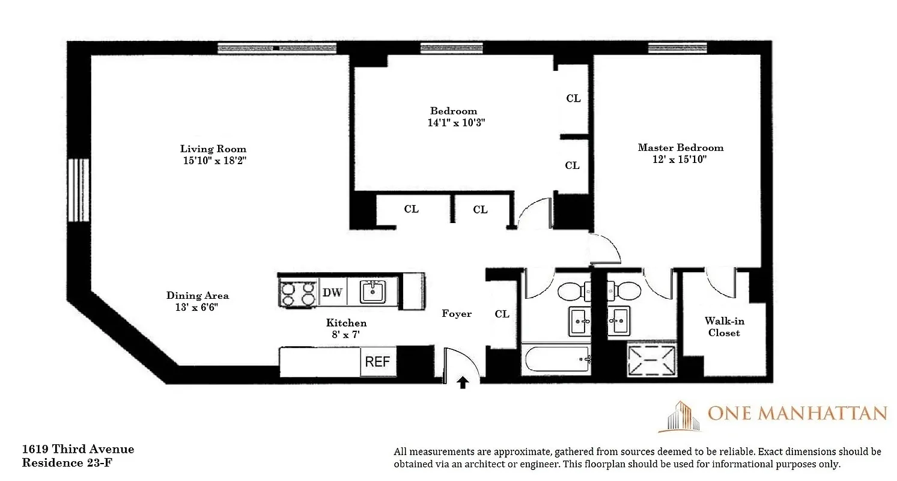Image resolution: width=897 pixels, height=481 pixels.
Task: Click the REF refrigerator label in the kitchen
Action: pos(378,363)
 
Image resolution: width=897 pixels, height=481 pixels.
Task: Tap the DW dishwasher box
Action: pos(332,292)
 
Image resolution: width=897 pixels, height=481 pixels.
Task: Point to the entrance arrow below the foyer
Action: pos(463,382)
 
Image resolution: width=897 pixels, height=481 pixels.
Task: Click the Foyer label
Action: pos(457,313)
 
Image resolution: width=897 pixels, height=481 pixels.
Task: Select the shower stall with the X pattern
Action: pos(651,360)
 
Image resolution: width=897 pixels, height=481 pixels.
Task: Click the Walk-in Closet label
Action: pos(723,327)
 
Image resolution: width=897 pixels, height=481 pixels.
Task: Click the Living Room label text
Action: pos(213,149)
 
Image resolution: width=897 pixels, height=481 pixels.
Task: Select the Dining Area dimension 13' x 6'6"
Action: pos(198,307)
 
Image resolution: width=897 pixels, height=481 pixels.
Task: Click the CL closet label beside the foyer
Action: pos(502,314)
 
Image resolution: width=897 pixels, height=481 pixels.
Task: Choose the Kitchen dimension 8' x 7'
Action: pos(347,334)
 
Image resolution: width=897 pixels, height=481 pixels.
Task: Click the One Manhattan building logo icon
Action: pos(682,417)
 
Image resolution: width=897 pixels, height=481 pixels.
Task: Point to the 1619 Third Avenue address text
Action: pos(78,449)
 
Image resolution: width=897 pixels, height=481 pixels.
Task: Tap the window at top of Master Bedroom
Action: pos(677,48)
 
